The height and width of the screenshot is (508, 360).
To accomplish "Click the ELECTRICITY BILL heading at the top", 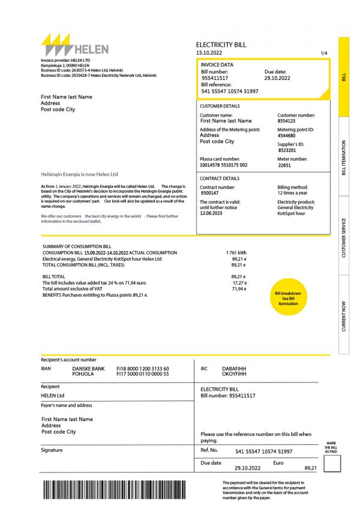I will coord(221,45).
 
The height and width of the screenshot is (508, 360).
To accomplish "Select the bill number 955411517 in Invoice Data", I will coord(214,78).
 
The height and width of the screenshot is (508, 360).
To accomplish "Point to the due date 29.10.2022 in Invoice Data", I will coord(277,78).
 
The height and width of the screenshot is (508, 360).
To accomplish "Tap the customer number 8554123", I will coord(286,121).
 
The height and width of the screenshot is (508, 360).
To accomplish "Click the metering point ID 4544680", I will coord(287,136).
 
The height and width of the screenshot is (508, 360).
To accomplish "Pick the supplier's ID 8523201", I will coord(286,150).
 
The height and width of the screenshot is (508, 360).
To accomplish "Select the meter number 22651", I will coord(284,165).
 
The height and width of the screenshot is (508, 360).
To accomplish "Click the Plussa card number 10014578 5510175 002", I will coord(223,165).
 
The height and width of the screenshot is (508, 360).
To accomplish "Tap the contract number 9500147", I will coord(209,193).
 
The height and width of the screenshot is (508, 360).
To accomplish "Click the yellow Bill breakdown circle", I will coord(287,298).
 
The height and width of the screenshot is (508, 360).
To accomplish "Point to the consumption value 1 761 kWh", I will coord(236,253).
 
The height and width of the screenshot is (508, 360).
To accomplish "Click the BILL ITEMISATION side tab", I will coord(344,158).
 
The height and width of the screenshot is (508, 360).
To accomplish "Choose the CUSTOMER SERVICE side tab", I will coord(344,237).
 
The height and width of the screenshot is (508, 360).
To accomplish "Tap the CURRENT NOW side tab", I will coord(344,315).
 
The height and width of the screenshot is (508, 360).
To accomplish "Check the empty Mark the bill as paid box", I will coord(332,463).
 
